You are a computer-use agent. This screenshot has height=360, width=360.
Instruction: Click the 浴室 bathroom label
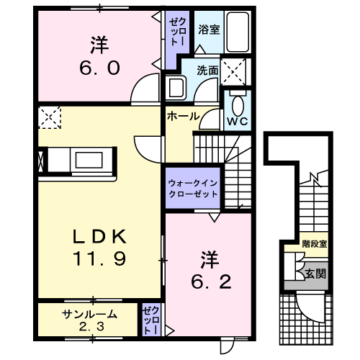pyautogui.click(x=209, y=30)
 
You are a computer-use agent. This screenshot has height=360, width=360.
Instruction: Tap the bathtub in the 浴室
pyautogui.click(x=238, y=32)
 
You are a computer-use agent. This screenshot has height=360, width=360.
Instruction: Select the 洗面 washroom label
pyautogui.click(x=207, y=71)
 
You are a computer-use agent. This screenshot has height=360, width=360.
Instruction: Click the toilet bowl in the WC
pyautogui.click(x=238, y=106)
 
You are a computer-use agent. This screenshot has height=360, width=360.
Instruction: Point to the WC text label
pyautogui.click(x=238, y=122)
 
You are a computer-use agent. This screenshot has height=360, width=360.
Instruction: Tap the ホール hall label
pyautogui.click(x=184, y=117)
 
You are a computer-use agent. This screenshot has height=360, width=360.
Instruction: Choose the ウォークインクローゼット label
pyautogui.click(x=193, y=189)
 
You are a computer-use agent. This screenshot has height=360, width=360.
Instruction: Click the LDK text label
pyautogui.click(x=99, y=237)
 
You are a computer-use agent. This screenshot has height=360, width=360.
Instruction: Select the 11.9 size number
pyautogui.click(x=99, y=258)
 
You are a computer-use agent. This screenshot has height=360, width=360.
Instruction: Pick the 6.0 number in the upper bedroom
pyautogui.click(x=99, y=68)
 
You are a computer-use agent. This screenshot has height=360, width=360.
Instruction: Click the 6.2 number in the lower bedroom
pyautogui.click(x=211, y=282)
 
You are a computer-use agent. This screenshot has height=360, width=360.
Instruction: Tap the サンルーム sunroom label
pyautogui.click(x=89, y=314)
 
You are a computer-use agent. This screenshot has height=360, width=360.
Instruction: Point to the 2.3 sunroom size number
pyautogui.click(x=91, y=327)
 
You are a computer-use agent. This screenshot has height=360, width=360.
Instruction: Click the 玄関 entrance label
pyautogui.click(x=315, y=274)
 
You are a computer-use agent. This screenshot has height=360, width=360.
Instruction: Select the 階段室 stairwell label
pyautogui.click(x=315, y=244)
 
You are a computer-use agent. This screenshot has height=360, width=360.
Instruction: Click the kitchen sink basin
pyautogui.click(x=89, y=160)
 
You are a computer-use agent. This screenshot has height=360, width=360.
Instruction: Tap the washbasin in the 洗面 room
pyautogui.click(x=176, y=87)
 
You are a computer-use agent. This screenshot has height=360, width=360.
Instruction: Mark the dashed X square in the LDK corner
pyautogui.click(x=50, y=117)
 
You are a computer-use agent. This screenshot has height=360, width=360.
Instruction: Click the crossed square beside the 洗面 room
pyautogui.click(x=233, y=72)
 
